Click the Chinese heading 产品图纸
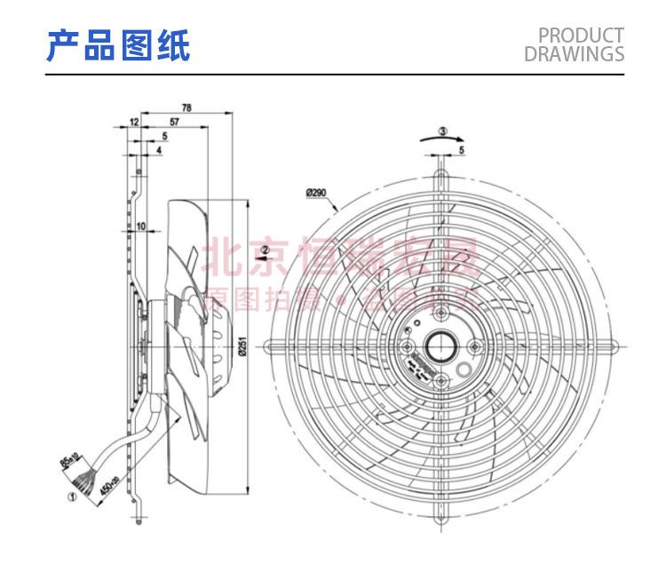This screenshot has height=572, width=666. pos(118,45)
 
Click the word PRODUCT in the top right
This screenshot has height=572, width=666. pos(582,36)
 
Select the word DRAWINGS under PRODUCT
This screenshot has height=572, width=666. pos(575,53)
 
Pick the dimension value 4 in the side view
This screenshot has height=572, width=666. pos(159,151)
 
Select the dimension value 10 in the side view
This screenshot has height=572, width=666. pos(140,227)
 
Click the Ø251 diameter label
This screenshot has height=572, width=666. pos(242,342)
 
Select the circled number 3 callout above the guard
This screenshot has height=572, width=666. pos(444,131)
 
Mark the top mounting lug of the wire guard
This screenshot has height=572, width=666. pos(440,165)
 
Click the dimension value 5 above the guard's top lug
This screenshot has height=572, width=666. pos(462,151)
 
